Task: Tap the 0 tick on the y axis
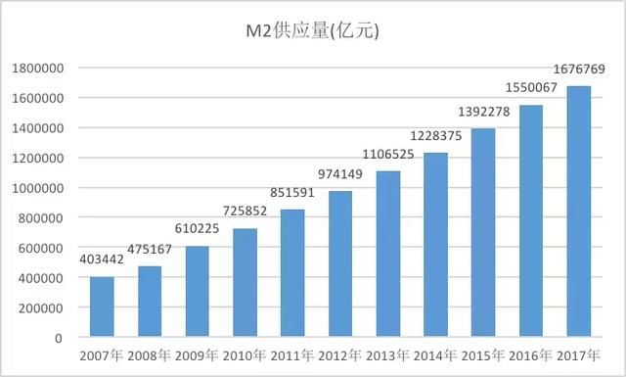[61, 338]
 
